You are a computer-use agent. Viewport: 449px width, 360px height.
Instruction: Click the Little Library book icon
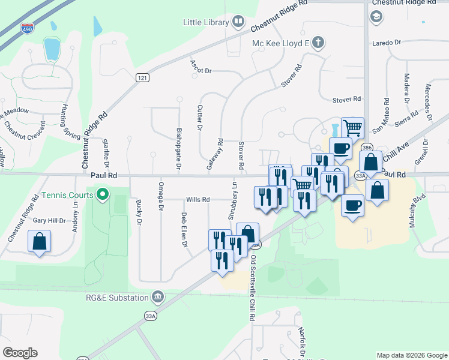(x=238, y=23)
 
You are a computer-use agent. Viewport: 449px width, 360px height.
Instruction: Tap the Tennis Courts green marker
(x=103, y=194)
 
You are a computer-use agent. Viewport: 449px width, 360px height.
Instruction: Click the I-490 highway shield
(x=27, y=28)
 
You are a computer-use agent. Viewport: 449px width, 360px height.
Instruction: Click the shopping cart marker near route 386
(x=352, y=127)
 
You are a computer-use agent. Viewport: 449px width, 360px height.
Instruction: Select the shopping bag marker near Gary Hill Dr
(x=39, y=242)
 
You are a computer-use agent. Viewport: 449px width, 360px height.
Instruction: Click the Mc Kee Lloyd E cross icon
(x=318, y=43)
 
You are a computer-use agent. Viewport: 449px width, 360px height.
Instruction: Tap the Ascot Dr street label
(x=201, y=67)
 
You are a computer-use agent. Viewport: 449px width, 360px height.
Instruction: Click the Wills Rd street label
(x=197, y=199)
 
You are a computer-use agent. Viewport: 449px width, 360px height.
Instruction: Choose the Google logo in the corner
(x=20, y=352)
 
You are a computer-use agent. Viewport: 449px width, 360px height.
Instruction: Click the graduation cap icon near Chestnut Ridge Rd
(x=376, y=16)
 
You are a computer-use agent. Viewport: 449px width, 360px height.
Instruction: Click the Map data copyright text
(x=411, y=355)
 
